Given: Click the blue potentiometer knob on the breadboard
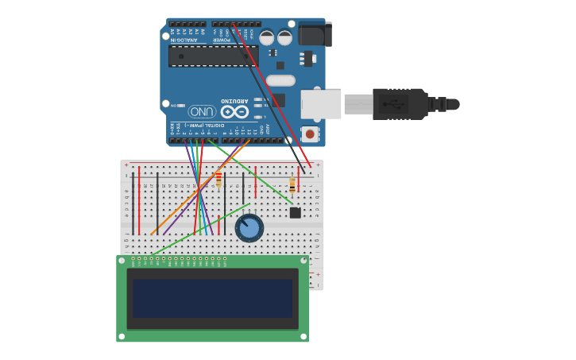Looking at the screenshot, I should pos(249,228).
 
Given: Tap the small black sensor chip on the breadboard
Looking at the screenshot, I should pos(295,212).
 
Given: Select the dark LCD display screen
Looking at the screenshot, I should pos(212,298).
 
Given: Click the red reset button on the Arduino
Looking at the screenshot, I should pos(309,134).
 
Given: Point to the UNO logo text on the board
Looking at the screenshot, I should pos(202,111).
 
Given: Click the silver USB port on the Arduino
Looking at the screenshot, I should pos(321,104).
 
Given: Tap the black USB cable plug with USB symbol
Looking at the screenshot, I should pos(400,104).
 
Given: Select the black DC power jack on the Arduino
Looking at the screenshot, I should pos(315,34).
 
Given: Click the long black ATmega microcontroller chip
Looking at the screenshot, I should pos(212,56).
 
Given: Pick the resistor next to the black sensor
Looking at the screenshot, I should pos(292,185).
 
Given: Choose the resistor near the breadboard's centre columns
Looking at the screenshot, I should pos(218,180).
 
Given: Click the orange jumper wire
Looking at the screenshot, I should pos(199,189).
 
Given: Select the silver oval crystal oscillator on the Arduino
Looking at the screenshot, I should pos(280,80).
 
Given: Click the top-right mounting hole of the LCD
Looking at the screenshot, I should pos(303,261).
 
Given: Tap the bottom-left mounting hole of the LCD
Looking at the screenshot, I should pos(122,337).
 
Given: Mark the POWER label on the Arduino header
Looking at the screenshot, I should pos(222,39).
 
